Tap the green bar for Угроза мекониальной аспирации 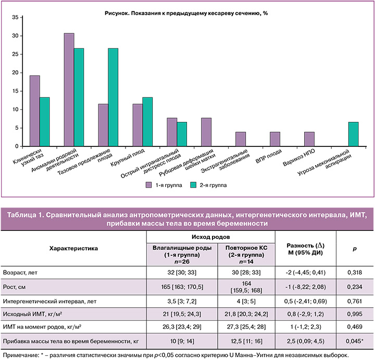353,134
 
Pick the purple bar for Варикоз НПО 309,139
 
